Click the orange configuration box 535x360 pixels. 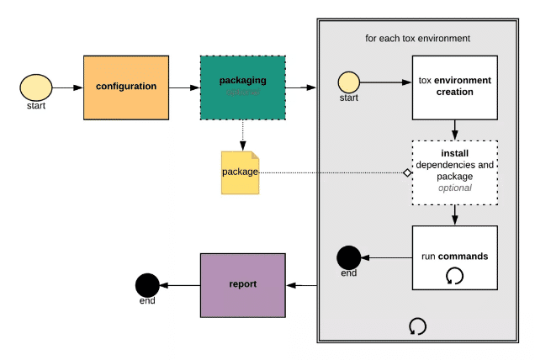point(125,87)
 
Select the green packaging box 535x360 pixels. point(242,87)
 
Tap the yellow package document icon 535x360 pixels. point(240,172)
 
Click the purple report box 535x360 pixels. point(243,284)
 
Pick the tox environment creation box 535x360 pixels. point(454,87)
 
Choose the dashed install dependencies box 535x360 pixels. point(454,172)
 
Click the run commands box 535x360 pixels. point(454,257)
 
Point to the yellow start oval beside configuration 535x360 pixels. point(36,87)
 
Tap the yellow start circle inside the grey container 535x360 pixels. point(349,82)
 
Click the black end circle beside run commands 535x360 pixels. point(348,257)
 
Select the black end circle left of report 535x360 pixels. point(147,285)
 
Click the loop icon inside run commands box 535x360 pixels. point(454,275)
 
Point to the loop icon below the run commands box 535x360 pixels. point(417,326)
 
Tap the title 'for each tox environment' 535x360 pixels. point(417,38)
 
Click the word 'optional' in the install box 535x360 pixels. point(454,188)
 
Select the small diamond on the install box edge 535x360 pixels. point(407,172)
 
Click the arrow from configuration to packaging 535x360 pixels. point(184,87)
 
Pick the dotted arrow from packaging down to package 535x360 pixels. point(242,134)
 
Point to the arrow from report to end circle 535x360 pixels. point(179,285)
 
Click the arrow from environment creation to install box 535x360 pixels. point(454,130)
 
